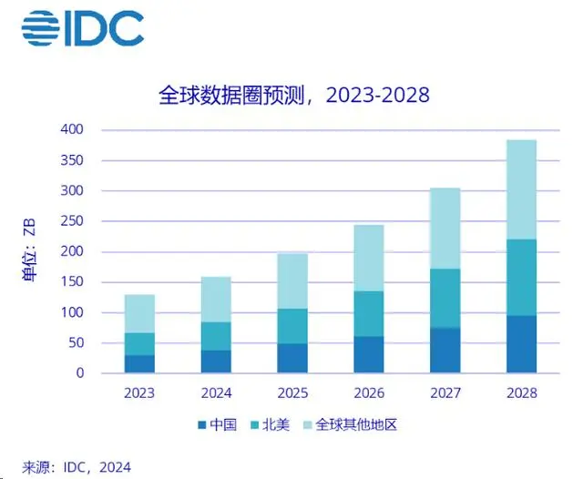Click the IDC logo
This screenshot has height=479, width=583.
(x=83, y=28)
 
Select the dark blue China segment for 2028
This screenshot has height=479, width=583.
(x=521, y=344)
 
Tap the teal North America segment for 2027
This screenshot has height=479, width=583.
(x=445, y=298)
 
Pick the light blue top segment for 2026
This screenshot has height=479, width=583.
(x=368, y=258)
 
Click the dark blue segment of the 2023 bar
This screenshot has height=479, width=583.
(x=139, y=363)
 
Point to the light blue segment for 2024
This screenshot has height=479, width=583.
(x=216, y=300)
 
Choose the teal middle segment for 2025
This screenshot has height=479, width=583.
(x=291, y=326)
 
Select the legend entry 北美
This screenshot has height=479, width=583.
(x=269, y=424)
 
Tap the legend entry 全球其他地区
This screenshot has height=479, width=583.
(x=352, y=424)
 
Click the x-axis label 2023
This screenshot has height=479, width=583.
(x=139, y=393)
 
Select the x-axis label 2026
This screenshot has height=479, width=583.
(x=368, y=393)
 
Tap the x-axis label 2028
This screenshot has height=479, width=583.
(x=521, y=393)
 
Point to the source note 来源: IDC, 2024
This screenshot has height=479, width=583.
(x=77, y=467)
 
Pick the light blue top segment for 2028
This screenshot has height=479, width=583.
(x=521, y=189)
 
